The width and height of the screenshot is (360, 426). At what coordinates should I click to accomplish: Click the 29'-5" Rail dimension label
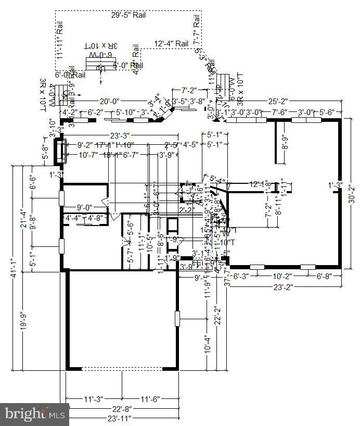point(128,15)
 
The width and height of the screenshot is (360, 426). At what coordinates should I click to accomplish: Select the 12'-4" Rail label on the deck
point(171,44)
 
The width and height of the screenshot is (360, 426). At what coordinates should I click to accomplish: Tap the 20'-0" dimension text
point(110,102)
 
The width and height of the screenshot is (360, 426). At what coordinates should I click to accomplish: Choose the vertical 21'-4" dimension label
point(21,218)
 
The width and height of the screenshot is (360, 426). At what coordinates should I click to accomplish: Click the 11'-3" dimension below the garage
point(94,399)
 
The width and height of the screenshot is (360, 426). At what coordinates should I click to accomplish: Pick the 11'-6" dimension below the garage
point(149,399)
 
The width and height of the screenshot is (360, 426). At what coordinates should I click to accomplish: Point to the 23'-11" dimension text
point(120,418)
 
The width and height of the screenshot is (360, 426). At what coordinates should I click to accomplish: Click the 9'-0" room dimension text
point(85,207)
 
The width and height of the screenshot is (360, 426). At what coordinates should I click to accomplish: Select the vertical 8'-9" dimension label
point(285,142)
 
